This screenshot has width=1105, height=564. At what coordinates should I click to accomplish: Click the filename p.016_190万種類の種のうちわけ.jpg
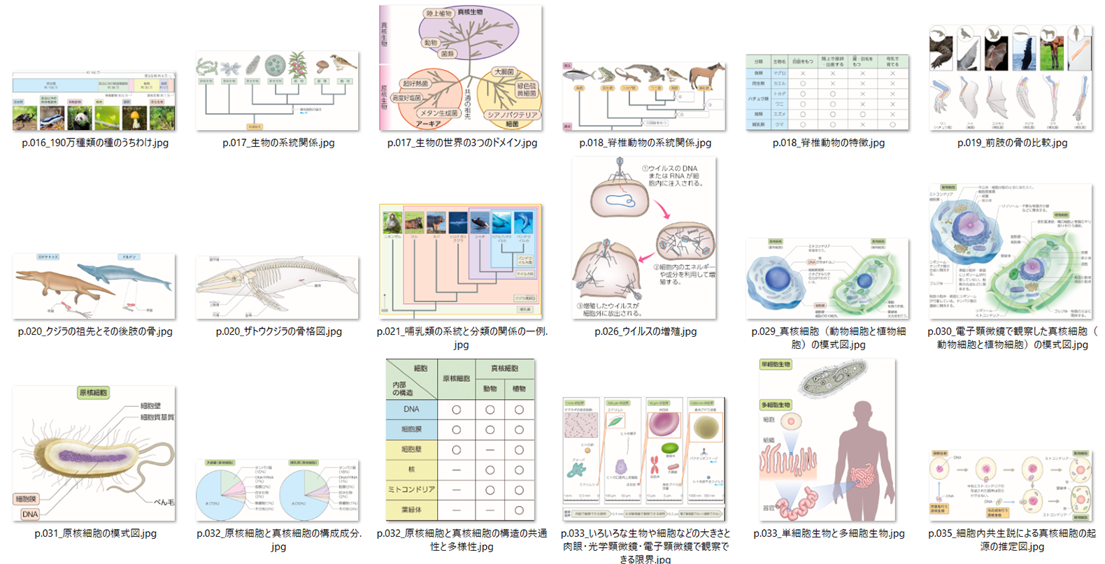point(95,143)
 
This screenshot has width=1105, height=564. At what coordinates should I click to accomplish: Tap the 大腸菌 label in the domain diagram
point(504,71)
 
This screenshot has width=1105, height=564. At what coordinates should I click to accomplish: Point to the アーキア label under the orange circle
point(428,124)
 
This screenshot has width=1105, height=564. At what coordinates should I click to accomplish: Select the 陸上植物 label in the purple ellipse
point(439,13)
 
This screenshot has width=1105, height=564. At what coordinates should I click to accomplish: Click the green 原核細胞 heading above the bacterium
point(94,393)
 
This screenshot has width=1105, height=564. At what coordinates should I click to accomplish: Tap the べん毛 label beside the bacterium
point(164,502)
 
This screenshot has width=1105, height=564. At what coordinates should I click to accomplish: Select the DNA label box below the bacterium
point(30,514)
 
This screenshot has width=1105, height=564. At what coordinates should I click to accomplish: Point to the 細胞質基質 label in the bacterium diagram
point(157,417)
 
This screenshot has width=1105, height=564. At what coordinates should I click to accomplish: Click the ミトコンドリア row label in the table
point(411,489)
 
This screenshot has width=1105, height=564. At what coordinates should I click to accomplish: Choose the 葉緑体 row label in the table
point(411,509)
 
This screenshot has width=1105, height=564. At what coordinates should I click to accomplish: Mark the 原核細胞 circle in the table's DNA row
point(456,410)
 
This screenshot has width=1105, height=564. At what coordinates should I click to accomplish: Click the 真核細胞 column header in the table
point(504,368)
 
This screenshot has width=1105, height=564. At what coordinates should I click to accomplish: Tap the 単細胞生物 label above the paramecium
point(776,364)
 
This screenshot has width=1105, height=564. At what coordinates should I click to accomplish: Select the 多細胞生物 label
point(776,405)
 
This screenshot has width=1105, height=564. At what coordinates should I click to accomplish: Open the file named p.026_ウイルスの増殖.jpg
point(646,331)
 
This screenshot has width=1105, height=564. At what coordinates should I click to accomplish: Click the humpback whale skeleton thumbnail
point(278,287)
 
